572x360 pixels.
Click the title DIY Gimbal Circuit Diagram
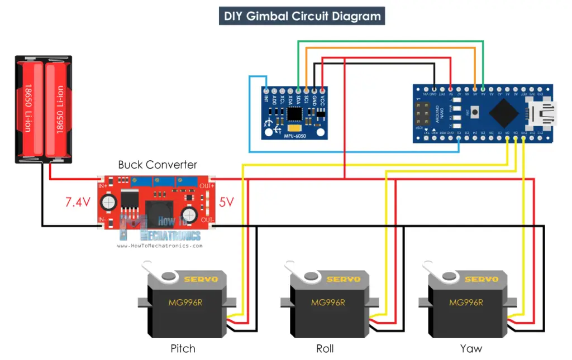[302, 16]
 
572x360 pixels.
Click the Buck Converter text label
[158, 165]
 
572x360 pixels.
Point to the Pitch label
[183, 349]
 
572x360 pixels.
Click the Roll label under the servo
[325, 349]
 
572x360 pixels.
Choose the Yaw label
[471, 349]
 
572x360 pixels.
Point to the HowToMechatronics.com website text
[160, 246]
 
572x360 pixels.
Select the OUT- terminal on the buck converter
[207, 221]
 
